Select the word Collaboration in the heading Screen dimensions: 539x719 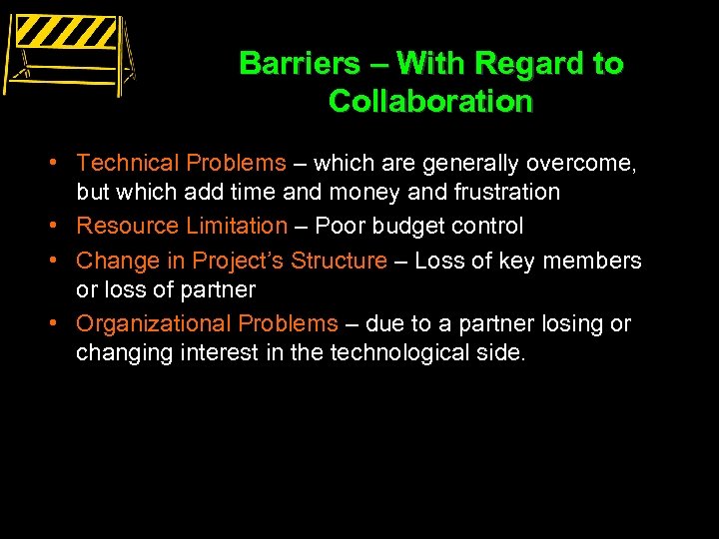pyautogui.click(x=430, y=101)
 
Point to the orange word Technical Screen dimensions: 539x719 pyautogui.click(x=125, y=163)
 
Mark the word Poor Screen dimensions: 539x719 pyautogui.click(x=341, y=227)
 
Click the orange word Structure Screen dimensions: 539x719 pyautogui.click(x=338, y=261)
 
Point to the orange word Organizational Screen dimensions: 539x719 pyautogui.click(x=155, y=323)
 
